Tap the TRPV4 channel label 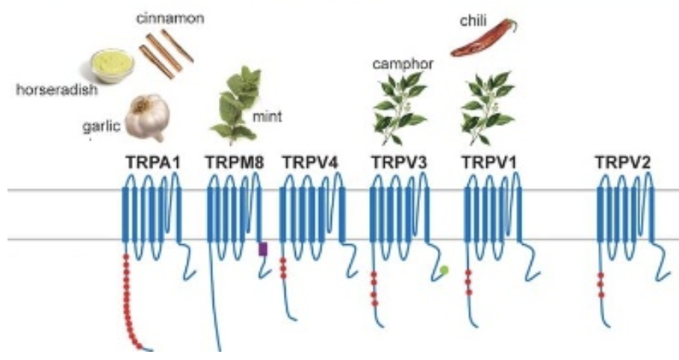pyautogui.click(x=307, y=160)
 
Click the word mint pyautogui.click(x=269, y=116)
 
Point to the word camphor pyautogui.click(x=403, y=64)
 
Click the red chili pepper pyautogui.click(x=483, y=40)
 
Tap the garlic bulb pyautogui.click(x=146, y=117)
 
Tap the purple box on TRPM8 pyautogui.click(x=262, y=249)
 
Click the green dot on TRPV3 pyautogui.click(x=444, y=270)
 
